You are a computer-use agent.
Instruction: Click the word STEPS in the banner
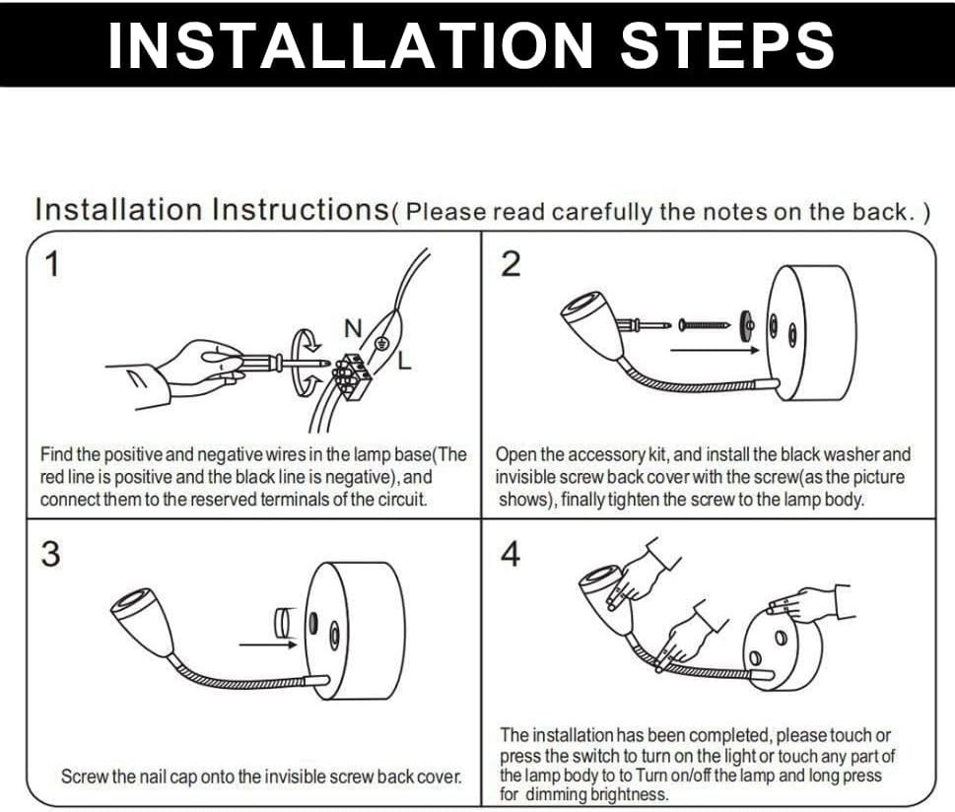[727, 45]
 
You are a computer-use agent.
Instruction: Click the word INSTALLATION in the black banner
[351, 45]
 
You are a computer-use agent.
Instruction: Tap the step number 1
[53, 265]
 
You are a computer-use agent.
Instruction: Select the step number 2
[511, 265]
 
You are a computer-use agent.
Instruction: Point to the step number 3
[51, 555]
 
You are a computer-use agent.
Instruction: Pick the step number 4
[511, 555]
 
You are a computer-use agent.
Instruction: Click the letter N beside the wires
[353, 328]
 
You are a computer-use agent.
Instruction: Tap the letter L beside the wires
[404, 361]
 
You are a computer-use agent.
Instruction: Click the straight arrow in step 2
[715, 350]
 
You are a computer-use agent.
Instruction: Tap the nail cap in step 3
[284, 623]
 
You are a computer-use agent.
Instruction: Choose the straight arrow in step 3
[268, 644]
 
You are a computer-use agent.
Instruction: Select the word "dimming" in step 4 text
[557, 794]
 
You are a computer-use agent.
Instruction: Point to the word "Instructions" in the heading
[301, 210]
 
